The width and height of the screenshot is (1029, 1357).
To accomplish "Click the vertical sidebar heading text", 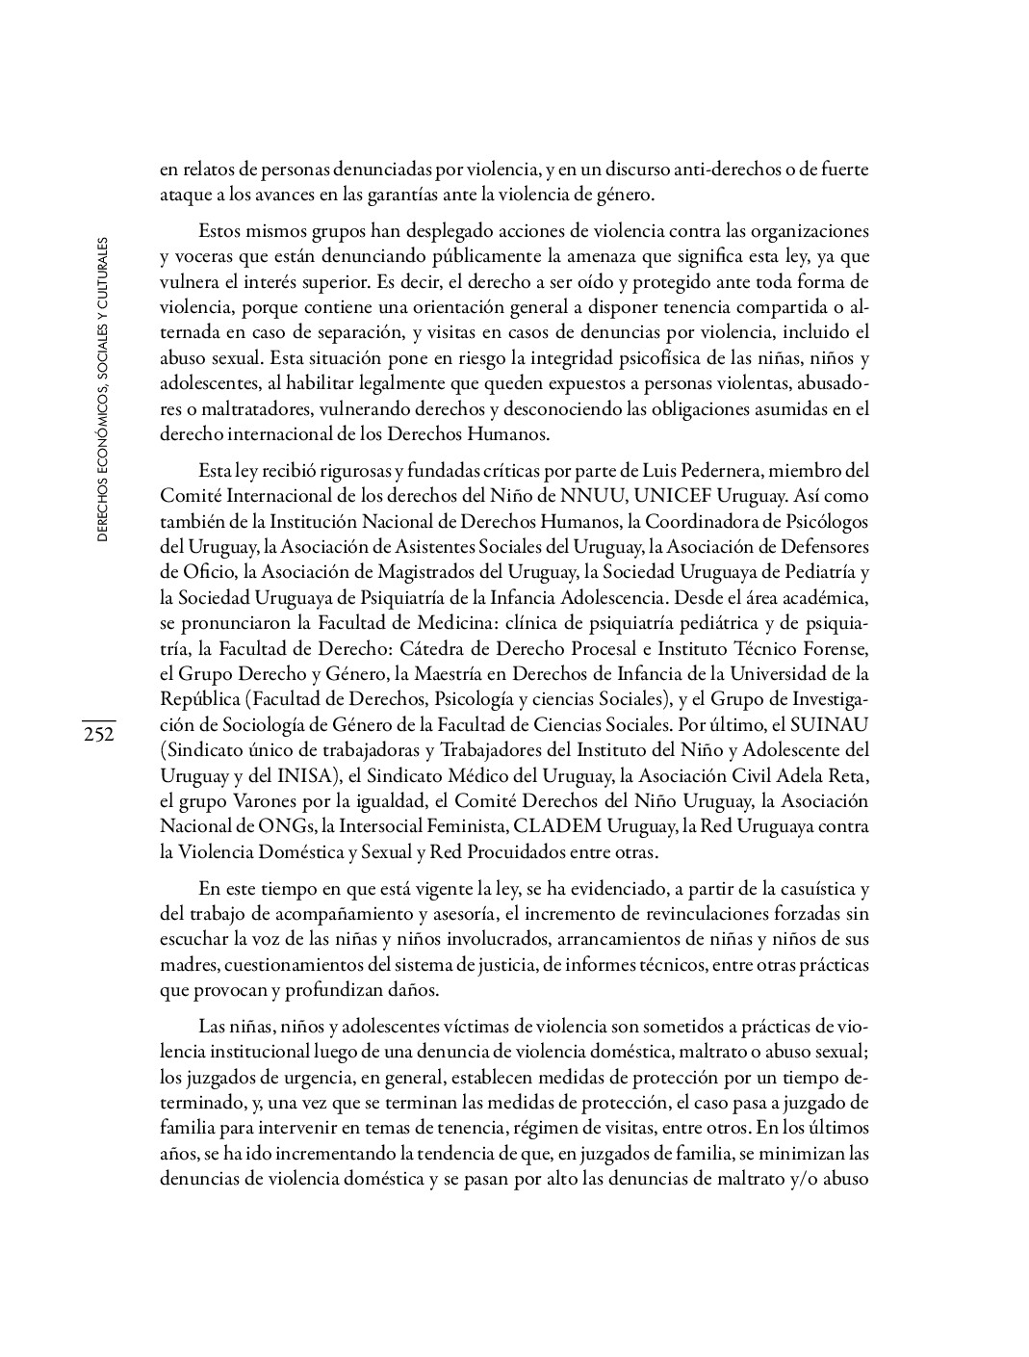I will click(101, 388).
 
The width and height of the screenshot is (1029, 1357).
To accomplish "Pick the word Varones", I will click(241, 800).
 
